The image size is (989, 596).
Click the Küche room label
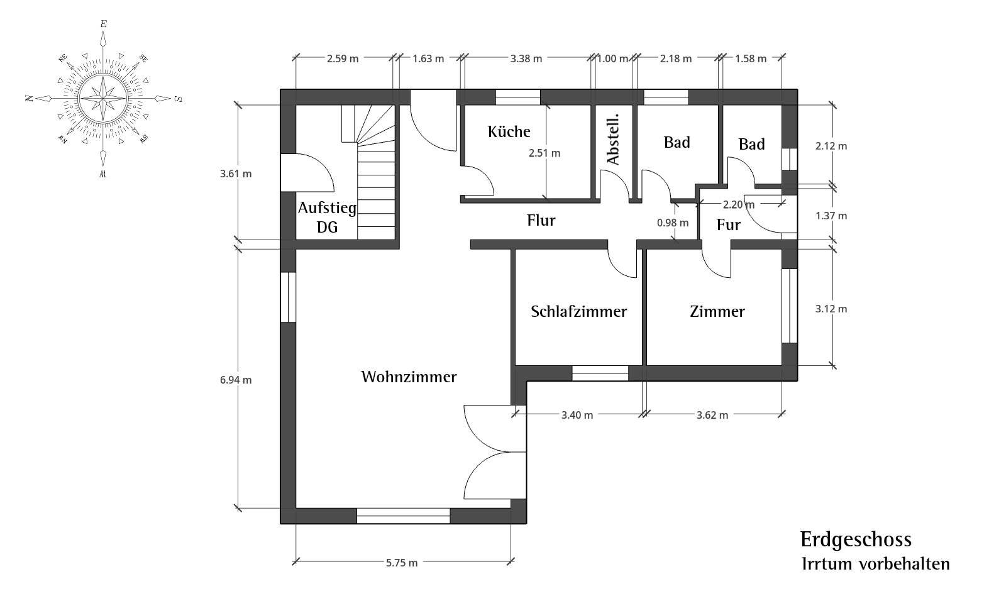coord(509,131)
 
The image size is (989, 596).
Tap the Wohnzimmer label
coord(409,377)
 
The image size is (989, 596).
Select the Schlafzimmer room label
coord(578,312)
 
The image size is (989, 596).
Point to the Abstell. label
coord(613,139)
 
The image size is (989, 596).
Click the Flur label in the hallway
coord(541,220)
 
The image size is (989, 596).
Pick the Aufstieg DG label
coord(327,217)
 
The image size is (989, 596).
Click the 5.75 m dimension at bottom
coord(402,563)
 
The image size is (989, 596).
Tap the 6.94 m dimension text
coord(236,380)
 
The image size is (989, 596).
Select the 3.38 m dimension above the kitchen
coord(526,58)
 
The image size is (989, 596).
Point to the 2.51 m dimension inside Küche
coord(544,153)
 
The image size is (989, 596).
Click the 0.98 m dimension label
coord(672,223)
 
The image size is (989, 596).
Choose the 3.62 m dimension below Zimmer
coord(712,416)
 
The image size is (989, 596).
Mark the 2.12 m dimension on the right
coord(831,146)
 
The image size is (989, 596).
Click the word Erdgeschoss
coord(856,540)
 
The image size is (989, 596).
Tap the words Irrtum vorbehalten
coord(876,564)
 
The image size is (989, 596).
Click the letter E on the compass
coord(103,24)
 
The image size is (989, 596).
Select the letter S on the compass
coord(179,99)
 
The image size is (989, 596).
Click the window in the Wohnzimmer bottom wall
coord(403,516)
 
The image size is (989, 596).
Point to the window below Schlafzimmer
coord(600,373)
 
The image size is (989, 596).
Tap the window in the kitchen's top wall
coord(518,97)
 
